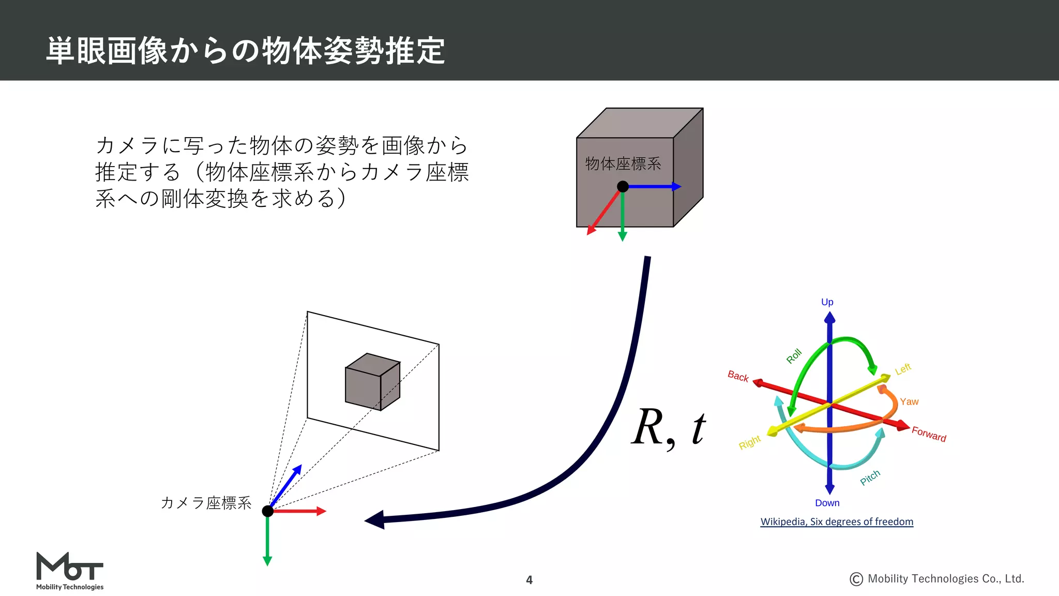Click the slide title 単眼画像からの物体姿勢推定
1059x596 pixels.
point(246,51)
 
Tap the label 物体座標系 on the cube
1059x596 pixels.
point(623,164)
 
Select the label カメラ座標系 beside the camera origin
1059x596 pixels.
point(206,503)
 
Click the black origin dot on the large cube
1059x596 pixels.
point(623,187)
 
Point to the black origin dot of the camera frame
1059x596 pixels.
point(268,511)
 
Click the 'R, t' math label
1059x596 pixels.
point(669,428)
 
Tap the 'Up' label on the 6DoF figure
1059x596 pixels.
point(827,302)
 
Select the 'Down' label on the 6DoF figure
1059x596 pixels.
point(827,503)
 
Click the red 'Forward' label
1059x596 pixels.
point(929,434)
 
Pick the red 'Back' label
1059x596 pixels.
point(738,376)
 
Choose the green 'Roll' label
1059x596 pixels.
point(794,356)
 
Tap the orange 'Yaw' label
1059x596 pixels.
point(909,401)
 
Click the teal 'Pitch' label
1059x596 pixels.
point(870,478)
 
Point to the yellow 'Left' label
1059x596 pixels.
point(903,369)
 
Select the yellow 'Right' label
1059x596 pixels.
point(749,442)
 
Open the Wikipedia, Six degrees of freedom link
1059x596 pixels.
point(837,521)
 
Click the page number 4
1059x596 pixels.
point(529,580)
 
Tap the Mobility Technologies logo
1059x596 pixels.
point(70,571)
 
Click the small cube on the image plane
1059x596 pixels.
point(372,382)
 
